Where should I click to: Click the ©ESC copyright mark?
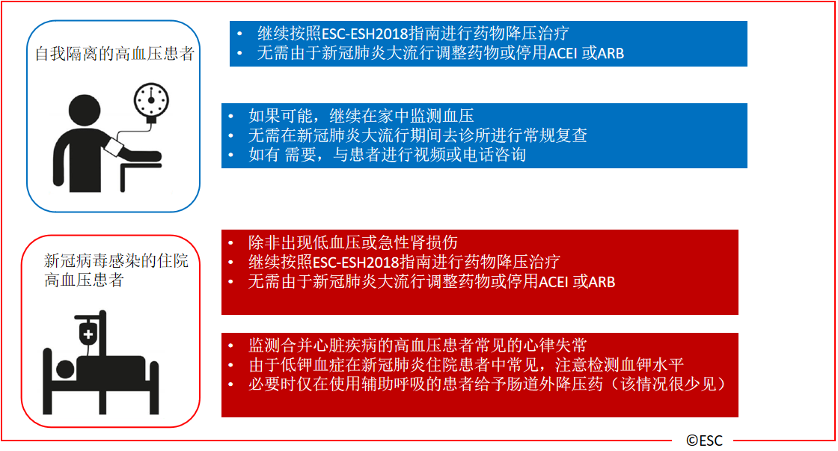point(704,441)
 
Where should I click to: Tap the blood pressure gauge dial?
point(151,100)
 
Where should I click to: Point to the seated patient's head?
point(85,111)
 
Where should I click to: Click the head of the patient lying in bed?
point(65,369)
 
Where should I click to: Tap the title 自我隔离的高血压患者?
point(114,53)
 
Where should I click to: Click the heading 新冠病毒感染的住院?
point(116,261)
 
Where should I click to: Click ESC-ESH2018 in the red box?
point(356,262)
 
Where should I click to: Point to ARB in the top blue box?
point(611,53)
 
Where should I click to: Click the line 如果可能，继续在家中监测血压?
point(361,116)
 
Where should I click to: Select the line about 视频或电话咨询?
point(387,155)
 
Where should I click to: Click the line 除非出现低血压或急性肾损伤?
point(352,242)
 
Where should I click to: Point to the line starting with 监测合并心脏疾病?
point(418,346)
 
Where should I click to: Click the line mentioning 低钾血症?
point(466,365)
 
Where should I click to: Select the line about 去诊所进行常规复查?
point(418,135)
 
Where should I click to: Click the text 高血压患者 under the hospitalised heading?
point(84,280)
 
